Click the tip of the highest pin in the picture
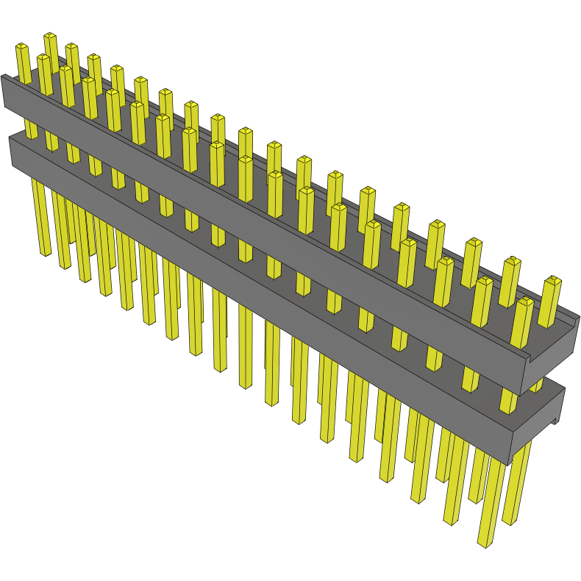(x=50, y=35)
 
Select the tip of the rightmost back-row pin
(x=552, y=279)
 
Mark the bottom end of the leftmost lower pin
(x=45, y=253)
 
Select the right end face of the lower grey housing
(x=537, y=427)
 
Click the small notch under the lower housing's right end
(x=553, y=421)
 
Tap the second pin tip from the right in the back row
(x=512, y=261)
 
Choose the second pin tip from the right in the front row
(x=483, y=281)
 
